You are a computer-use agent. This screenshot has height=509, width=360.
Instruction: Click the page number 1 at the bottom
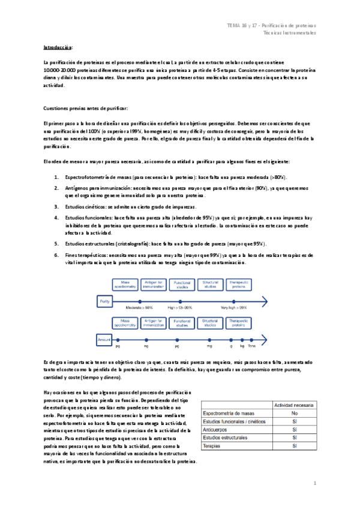tap(314, 483)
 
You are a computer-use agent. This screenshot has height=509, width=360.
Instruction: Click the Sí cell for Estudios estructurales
tap(293, 438)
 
